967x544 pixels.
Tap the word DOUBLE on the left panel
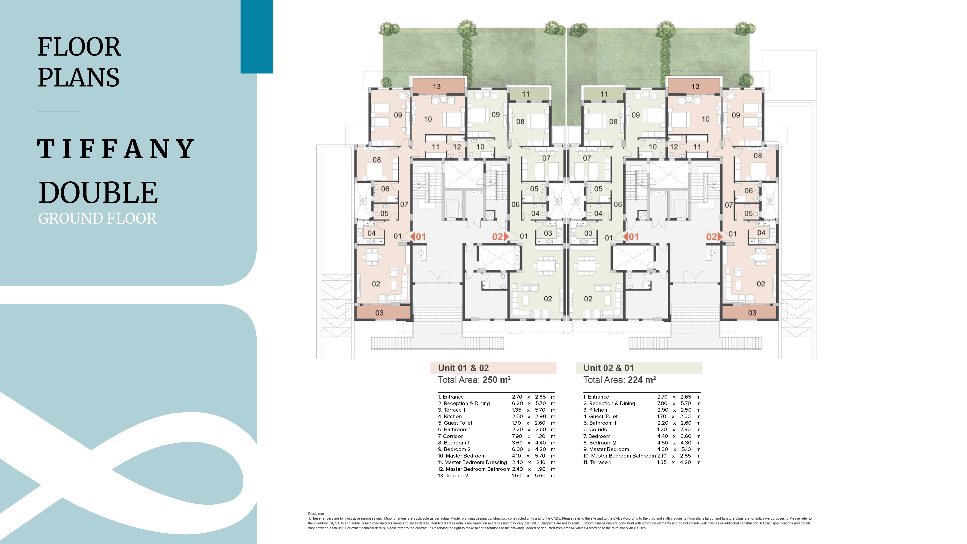tap(98, 193)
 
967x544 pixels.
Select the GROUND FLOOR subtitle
tap(97, 218)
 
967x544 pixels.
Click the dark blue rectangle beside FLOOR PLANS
tap(257, 36)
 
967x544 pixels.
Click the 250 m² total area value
tap(496, 380)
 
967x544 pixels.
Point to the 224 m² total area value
tap(642, 380)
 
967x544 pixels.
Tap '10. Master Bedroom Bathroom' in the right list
tap(619, 456)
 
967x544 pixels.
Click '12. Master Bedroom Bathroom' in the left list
tap(474, 469)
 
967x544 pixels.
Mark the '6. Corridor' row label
tap(596, 429)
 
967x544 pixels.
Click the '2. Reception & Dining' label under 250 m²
tap(464, 403)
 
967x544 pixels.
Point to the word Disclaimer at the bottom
tap(316, 514)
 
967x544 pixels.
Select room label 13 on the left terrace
tap(437, 87)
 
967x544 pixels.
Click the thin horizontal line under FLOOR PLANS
tap(59, 111)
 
